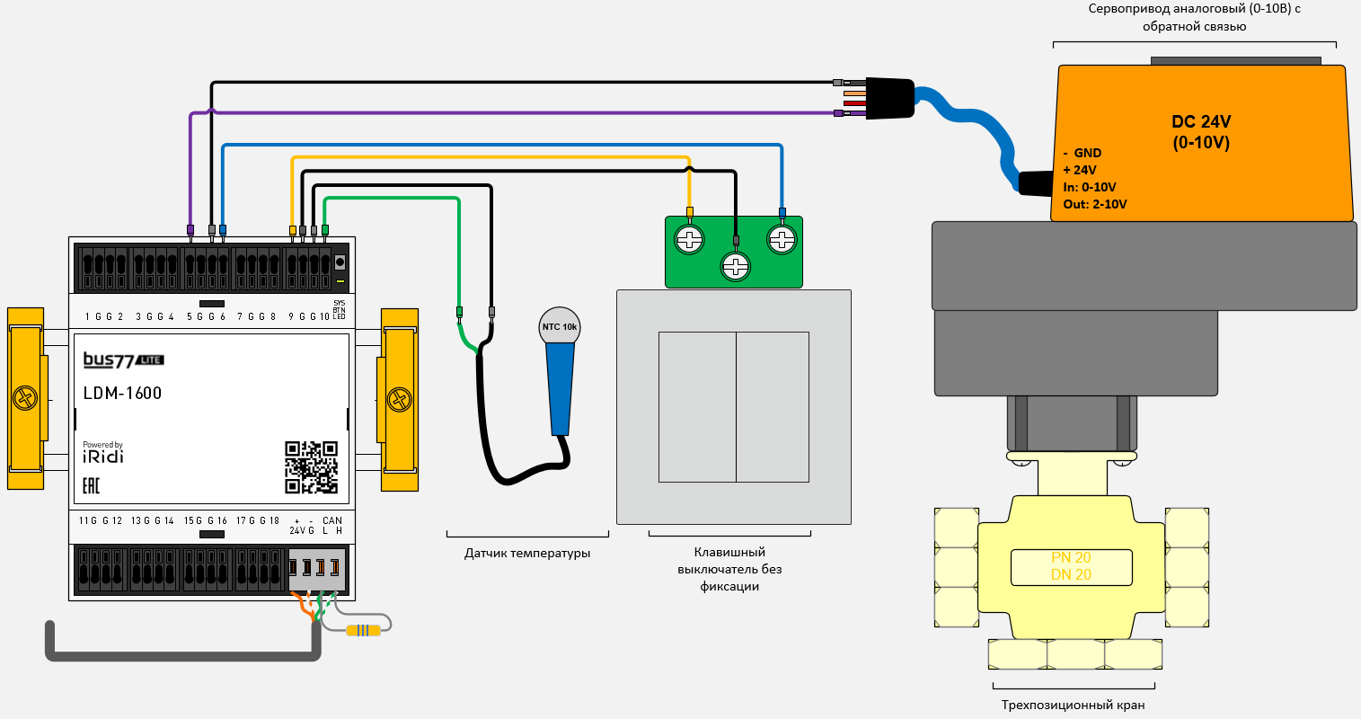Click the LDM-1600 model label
click(x=122, y=393)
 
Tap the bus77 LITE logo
click(x=123, y=360)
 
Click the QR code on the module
click(x=311, y=466)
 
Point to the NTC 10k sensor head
click(x=559, y=327)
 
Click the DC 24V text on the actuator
click(x=1201, y=122)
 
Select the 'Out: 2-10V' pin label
click(x=1095, y=204)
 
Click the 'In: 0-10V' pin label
click(x=1090, y=187)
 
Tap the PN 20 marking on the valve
click(x=1071, y=558)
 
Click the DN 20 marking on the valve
click(x=1071, y=575)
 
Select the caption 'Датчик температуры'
click(x=527, y=554)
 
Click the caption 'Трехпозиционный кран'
click(x=1073, y=706)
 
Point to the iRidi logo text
click(x=103, y=456)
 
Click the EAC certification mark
click(x=91, y=486)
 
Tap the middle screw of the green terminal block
click(x=735, y=266)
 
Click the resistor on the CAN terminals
click(x=363, y=630)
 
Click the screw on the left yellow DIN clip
click(x=25, y=398)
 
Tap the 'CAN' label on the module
click(x=332, y=520)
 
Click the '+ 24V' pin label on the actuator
click(x=1080, y=170)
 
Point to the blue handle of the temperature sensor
click(x=560, y=386)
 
